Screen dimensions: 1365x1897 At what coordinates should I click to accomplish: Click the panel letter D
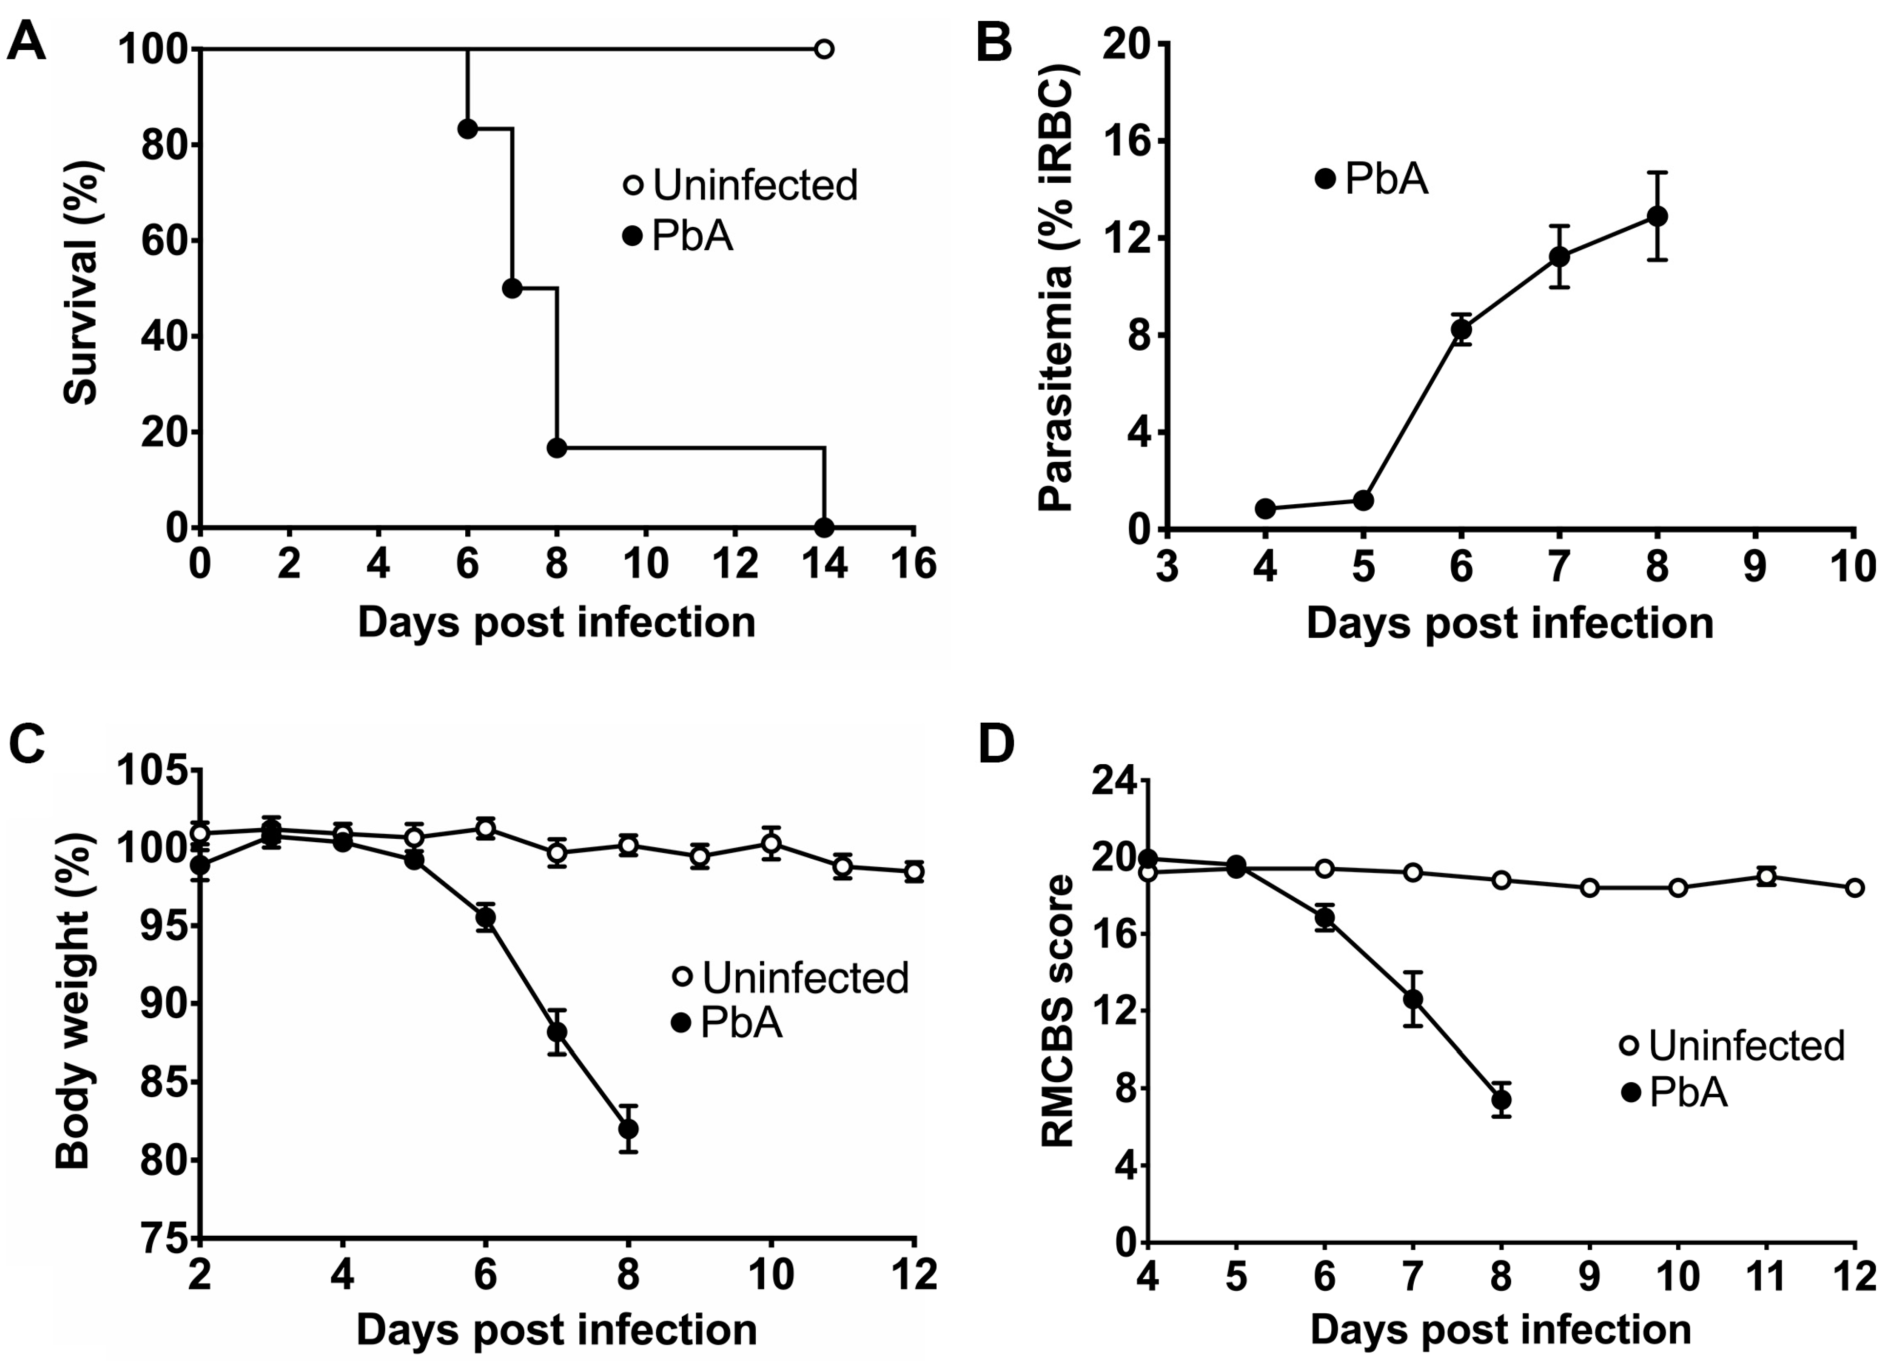pos(995,744)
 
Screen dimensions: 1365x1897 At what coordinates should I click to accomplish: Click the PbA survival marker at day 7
pos(512,289)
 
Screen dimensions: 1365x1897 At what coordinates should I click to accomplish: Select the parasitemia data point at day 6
pos(1461,329)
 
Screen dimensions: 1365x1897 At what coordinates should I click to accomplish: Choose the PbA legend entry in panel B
pos(1372,179)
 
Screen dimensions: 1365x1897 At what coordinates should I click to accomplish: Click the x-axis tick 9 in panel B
pos(1755,569)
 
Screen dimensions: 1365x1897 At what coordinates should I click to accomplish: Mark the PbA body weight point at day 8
pos(628,1129)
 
